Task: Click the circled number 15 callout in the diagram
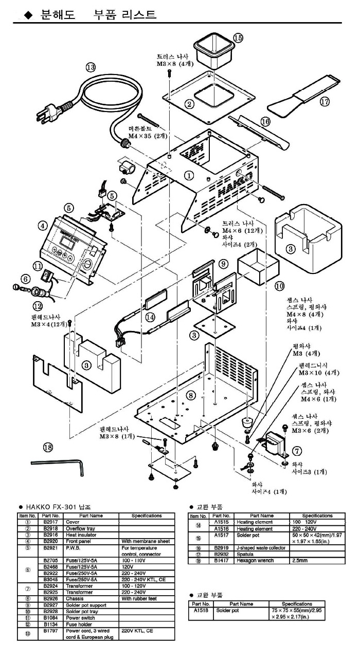click(x=238, y=38)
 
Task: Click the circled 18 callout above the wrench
click(x=48, y=448)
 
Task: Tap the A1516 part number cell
click(x=221, y=528)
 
